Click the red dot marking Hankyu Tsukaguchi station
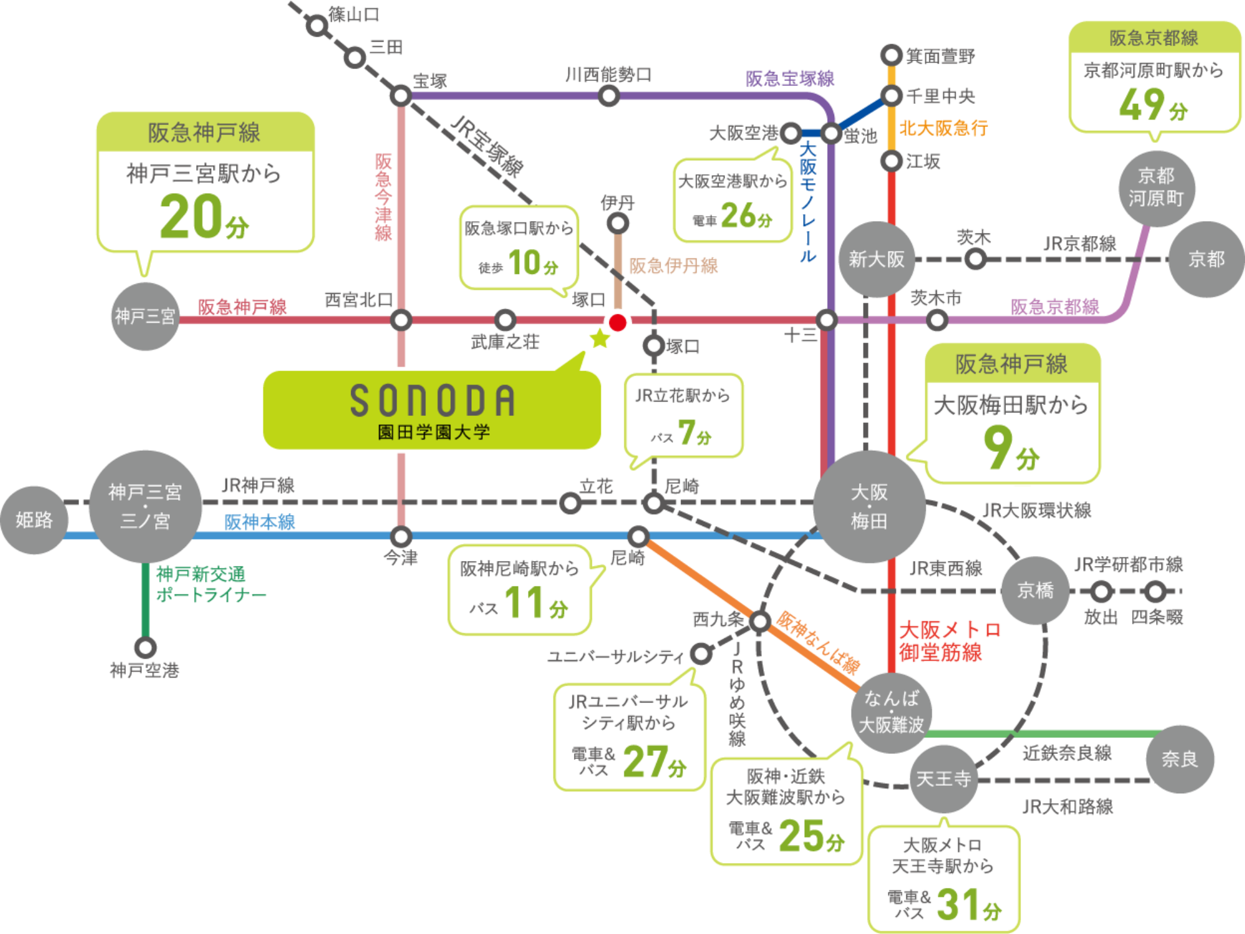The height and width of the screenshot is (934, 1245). click(618, 323)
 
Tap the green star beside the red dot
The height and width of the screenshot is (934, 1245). click(599, 339)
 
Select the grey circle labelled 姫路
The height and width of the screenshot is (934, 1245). click(34, 520)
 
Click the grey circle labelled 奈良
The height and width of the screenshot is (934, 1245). click(1180, 759)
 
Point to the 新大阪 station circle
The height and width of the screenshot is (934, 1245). click(876, 259)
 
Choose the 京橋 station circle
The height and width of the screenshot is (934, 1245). click(1035, 590)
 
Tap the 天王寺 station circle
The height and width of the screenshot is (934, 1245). click(943, 778)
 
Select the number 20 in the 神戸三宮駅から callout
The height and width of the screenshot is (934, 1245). click(191, 216)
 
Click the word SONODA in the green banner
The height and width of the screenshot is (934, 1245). click(433, 400)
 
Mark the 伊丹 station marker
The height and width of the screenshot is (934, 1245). click(618, 223)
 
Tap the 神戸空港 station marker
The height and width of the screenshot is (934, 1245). click(145, 648)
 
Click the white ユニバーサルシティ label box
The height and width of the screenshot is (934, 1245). click(615, 656)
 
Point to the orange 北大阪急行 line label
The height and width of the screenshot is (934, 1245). click(943, 128)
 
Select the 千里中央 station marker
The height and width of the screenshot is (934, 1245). click(891, 96)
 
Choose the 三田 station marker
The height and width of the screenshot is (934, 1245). click(355, 58)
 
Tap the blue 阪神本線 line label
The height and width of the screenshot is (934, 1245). click(260, 522)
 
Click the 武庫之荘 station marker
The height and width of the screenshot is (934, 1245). click(505, 321)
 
